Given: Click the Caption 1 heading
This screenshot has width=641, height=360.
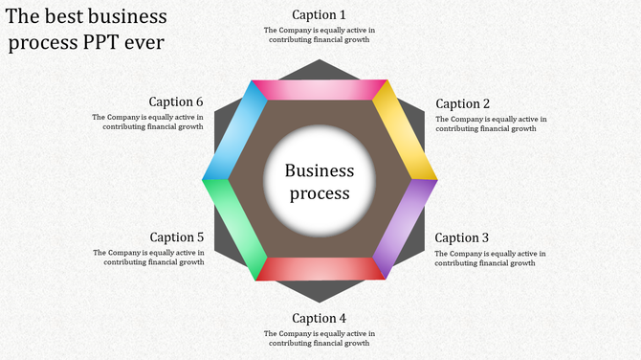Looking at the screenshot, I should [319, 14].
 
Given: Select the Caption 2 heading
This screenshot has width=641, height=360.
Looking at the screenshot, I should [462, 103].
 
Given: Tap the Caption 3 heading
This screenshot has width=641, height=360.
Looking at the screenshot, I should [462, 237].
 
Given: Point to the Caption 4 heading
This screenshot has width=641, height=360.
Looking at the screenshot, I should [319, 318].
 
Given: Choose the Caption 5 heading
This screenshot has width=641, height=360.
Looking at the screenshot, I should [177, 237].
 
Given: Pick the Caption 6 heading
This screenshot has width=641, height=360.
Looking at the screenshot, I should [177, 102].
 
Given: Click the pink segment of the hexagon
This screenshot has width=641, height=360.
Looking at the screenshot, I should [319, 90].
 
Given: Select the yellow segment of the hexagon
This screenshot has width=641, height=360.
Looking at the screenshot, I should [405, 129].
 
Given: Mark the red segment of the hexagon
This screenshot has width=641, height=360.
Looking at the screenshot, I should [320, 269].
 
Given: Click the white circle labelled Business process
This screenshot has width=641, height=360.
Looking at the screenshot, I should [320, 181].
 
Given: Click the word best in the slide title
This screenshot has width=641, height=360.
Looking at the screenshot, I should [63, 17].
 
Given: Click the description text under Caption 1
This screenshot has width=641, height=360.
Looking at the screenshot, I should [319, 34].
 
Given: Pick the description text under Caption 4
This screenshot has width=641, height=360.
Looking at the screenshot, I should [319, 338].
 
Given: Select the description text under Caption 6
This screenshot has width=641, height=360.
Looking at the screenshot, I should [148, 122].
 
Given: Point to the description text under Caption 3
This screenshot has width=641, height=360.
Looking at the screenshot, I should [490, 258].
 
